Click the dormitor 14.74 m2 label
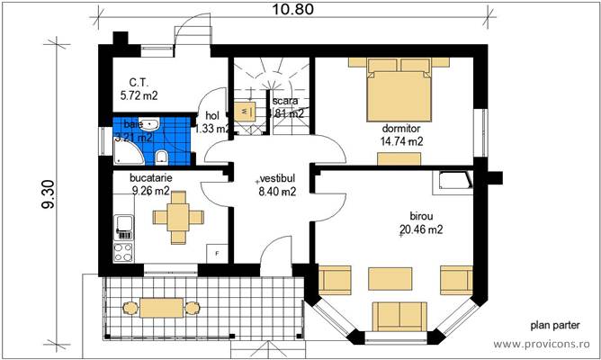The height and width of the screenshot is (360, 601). pyautogui.click(x=402, y=134)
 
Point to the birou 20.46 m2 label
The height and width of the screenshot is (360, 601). pyautogui.click(x=421, y=223)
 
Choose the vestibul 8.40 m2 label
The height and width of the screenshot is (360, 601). pyautogui.click(x=277, y=184)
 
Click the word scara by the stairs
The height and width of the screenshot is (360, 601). pyautogui.click(x=286, y=101)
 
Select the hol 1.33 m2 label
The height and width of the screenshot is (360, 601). pyautogui.click(x=213, y=121)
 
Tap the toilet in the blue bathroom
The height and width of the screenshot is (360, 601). pyautogui.click(x=162, y=158)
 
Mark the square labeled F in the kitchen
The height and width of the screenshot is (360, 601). pyautogui.click(x=216, y=252)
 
